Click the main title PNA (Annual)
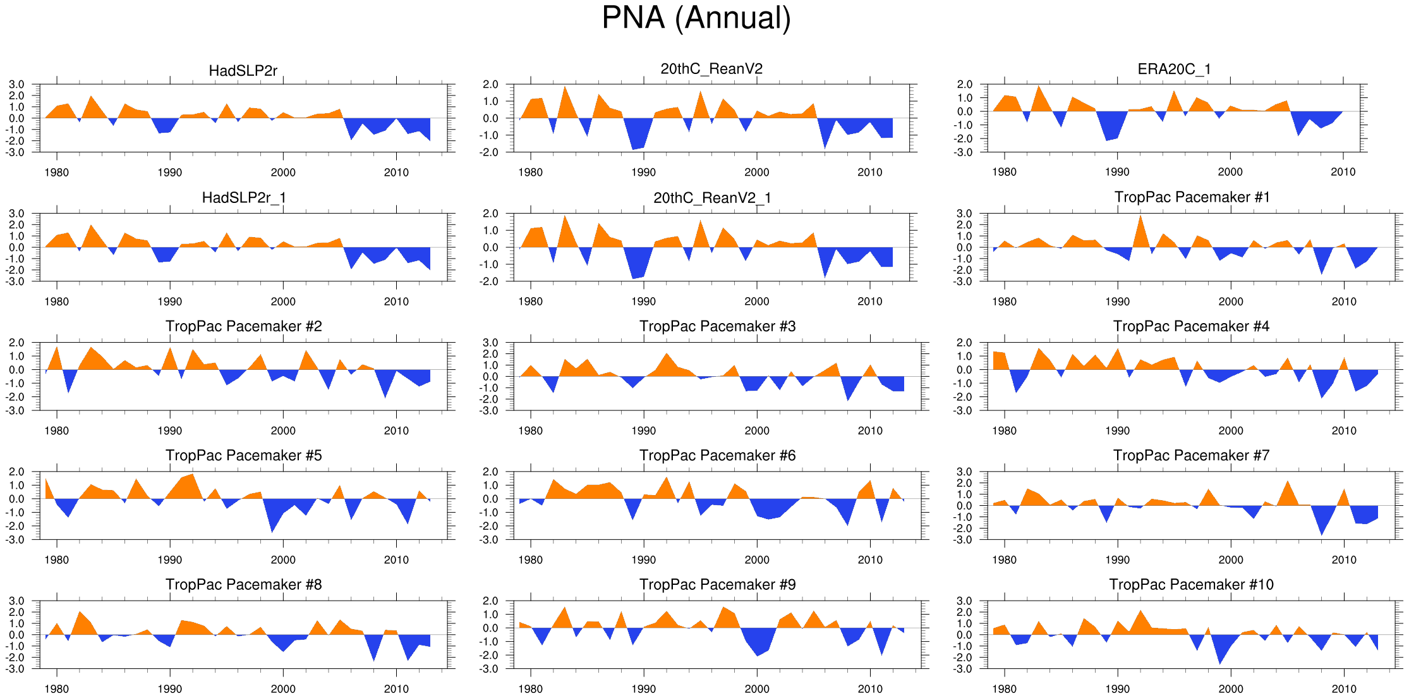point(696,18)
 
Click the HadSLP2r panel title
point(243,71)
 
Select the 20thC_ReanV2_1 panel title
point(712,198)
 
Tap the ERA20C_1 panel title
point(1174,69)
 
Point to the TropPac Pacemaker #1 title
point(1192,197)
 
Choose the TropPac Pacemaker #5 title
point(243,455)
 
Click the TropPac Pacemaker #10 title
point(1191,584)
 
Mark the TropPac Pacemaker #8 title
point(243,584)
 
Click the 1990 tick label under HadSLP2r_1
point(169,302)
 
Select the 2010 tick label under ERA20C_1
point(1343,172)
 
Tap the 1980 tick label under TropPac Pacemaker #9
point(530,689)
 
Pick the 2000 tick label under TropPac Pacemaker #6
point(756,560)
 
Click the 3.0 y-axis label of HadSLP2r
point(16,84)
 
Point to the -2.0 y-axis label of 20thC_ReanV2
point(490,152)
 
